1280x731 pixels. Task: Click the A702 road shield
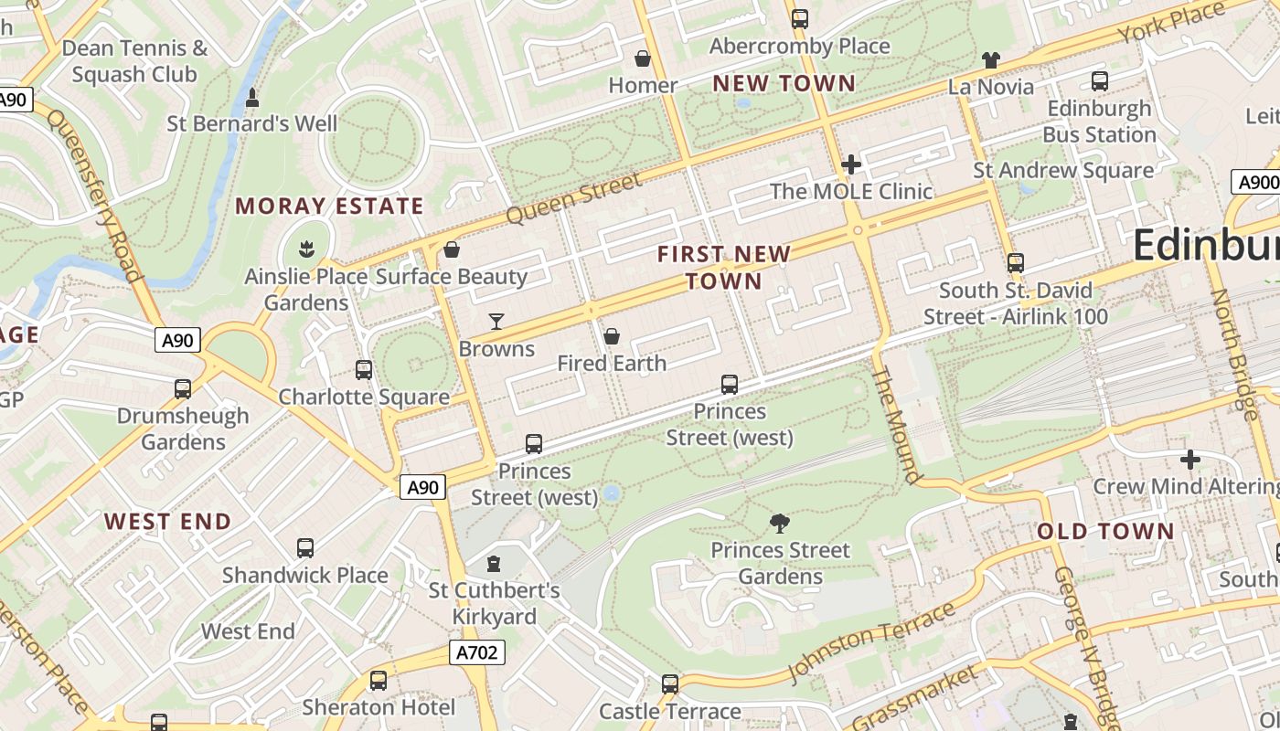[476, 652]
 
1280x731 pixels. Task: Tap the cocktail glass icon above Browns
[496, 321]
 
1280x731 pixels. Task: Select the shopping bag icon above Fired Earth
[612, 336]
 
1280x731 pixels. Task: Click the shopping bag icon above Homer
[644, 58]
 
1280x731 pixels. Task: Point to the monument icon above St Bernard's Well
[252, 97]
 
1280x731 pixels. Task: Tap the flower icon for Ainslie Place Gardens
[306, 248]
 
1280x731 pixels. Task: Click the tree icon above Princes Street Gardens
[780, 523]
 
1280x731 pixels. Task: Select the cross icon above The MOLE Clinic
[851, 164]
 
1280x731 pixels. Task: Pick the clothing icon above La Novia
[991, 60]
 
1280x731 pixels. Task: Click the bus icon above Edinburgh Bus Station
[1100, 81]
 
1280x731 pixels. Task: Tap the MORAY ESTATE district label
[329, 206]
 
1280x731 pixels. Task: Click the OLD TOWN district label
[1105, 531]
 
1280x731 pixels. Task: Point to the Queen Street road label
[573, 198]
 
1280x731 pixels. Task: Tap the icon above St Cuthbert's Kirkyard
[495, 564]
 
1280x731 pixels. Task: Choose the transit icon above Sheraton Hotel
[379, 681]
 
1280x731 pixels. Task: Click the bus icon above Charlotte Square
[364, 370]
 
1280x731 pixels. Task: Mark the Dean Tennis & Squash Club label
[135, 61]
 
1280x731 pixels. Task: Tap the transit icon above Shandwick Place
[305, 548]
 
